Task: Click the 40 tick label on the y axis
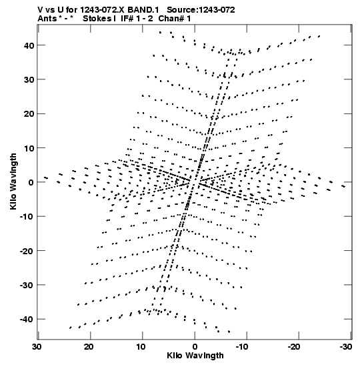29,45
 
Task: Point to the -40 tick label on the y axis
27,319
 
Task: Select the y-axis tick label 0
31,182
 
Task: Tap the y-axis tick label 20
29,114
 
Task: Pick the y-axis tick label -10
27,216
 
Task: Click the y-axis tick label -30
27,285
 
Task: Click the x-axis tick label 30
37,346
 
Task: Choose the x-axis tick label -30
345,346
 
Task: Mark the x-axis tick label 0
195,346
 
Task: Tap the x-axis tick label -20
294,346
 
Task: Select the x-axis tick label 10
141,346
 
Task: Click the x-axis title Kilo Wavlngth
195,356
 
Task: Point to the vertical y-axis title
13,181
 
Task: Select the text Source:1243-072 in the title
201,10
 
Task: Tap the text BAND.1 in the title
143,10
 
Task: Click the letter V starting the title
40,10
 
